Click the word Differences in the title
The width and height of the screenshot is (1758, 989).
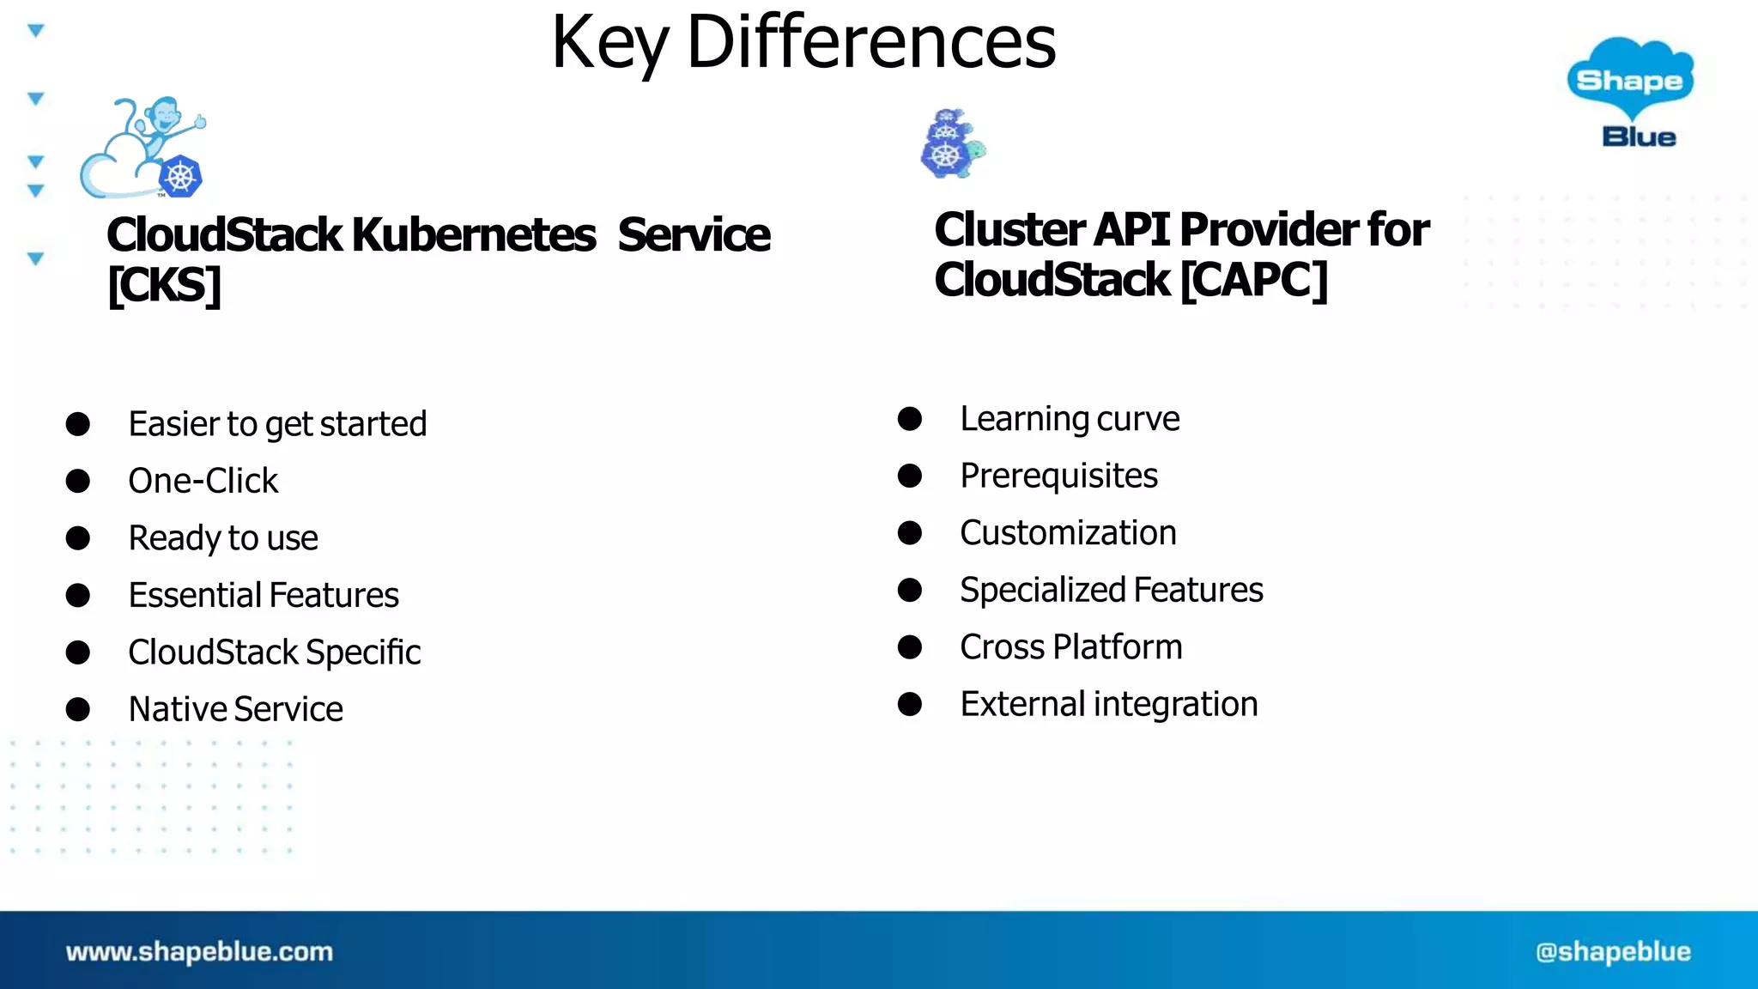point(871,43)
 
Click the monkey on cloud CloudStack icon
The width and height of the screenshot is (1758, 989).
point(143,149)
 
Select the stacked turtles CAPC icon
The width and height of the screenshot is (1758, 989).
point(952,144)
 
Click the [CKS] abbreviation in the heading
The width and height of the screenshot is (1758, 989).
point(164,285)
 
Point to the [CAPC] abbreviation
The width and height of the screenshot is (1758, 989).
point(1254,280)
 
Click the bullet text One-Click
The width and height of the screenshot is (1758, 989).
point(203,481)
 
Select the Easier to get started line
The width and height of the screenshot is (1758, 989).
point(277,424)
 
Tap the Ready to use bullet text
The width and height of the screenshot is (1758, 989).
point(223,538)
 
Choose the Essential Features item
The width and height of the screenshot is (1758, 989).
point(264,595)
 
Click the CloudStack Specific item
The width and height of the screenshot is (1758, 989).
point(275,652)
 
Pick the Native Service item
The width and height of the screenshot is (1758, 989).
point(235,709)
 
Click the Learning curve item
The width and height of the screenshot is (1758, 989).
point(1070,419)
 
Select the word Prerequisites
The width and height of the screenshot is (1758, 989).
point(1058,476)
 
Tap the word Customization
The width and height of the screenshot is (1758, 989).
point(1068,533)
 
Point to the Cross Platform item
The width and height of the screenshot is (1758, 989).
point(1070,647)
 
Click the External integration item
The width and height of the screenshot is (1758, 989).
point(1108,704)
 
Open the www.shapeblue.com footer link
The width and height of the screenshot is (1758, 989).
point(199,951)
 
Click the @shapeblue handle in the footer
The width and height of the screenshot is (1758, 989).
point(1613,951)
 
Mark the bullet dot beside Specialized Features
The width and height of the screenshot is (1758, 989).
point(910,590)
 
